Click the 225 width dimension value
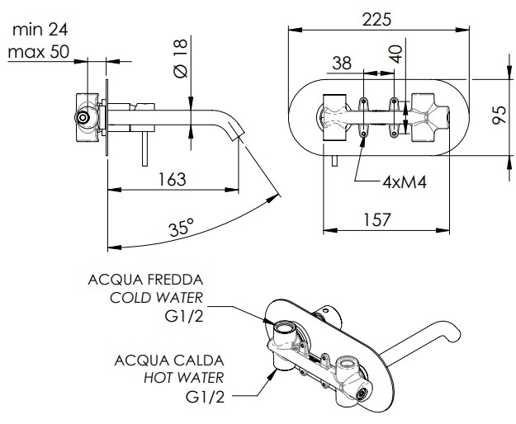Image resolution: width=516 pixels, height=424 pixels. pos(376,20)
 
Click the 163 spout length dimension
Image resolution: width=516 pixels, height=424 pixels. pos(172,180)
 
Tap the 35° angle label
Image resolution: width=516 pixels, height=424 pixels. pos(182,227)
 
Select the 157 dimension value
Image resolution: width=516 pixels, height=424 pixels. pos(376,219)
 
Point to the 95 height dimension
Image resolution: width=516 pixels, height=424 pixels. pos(499,115)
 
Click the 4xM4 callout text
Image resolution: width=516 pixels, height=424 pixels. pos(405,181)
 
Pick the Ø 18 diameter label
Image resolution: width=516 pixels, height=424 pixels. pos(180,59)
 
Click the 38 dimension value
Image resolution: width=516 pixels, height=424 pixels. pos(342,64)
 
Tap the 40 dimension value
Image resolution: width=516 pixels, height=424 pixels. pos(395,54)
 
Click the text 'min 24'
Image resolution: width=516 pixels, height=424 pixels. pos(40,30)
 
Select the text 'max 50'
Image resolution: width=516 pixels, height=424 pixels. pos(39,52)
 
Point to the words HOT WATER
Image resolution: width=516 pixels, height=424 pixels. pos(183,378)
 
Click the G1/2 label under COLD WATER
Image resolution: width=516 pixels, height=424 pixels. pos(184,317)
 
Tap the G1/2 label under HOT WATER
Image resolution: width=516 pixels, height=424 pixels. pos(205,397)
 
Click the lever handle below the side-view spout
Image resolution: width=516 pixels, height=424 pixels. pos(144,148)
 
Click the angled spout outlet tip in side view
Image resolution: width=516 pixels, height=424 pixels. pos(238,134)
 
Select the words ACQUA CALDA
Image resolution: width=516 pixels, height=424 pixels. pos(169,360)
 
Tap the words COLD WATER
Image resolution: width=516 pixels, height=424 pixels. pos(156,298)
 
